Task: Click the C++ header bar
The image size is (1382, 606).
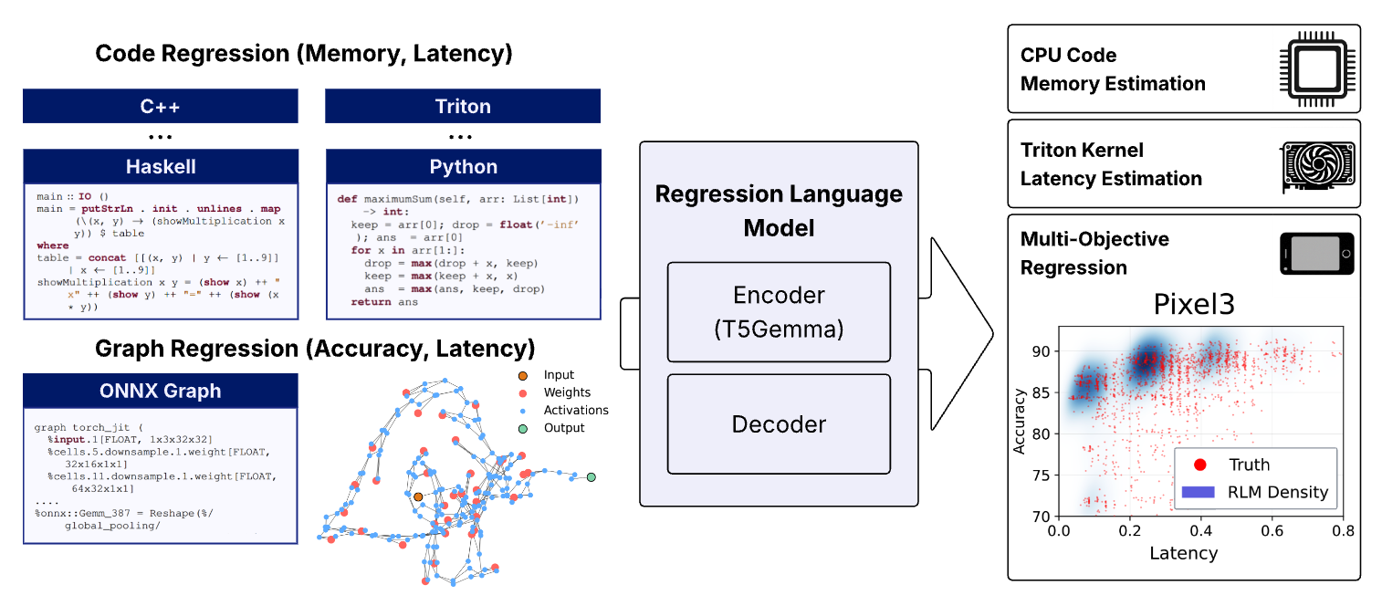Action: (160, 106)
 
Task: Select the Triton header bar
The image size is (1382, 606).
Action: (463, 106)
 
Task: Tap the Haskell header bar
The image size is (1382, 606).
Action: (160, 167)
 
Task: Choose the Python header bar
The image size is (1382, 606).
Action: (463, 167)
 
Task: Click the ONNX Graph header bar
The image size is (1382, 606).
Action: (160, 391)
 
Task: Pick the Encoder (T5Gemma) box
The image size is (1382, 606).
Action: (779, 311)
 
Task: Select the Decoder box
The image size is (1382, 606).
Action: (779, 423)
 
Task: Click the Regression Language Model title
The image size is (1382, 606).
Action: (779, 209)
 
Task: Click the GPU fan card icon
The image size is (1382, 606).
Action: (1315, 164)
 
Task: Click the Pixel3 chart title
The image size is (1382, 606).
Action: (1194, 304)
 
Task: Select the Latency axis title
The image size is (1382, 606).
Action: (1183, 552)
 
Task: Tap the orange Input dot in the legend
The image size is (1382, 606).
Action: (522, 375)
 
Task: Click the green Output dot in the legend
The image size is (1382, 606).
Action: (522, 427)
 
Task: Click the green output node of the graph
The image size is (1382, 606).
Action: (592, 476)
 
